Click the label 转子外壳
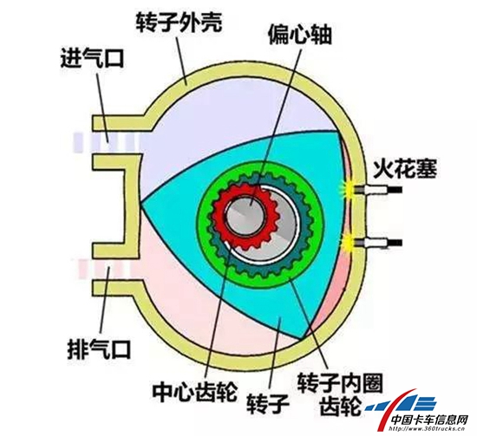tap(179, 23)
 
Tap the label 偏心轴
tap(300, 35)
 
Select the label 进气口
tap(92, 58)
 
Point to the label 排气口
tap(99, 349)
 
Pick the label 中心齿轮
tap(194, 392)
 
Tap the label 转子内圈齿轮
tap(340, 394)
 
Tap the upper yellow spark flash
tap(347, 189)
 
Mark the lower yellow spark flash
tap(348, 243)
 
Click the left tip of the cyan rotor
tap(141, 202)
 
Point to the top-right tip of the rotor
tap(337, 131)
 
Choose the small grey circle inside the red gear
tap(245, 214)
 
